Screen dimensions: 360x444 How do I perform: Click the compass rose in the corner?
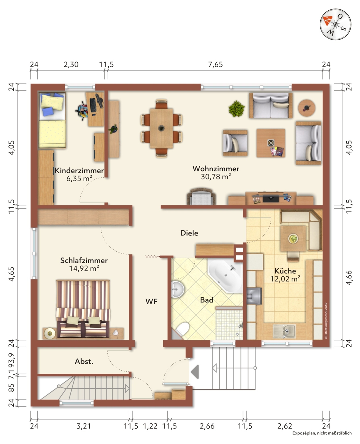point(335,24)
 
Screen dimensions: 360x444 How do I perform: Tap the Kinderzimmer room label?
point(79,170)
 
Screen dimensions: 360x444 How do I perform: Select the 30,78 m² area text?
point(216,176)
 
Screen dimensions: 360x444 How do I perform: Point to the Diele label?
point(189,233)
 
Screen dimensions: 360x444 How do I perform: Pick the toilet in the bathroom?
point(182,329)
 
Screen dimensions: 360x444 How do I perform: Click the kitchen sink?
point(284,331)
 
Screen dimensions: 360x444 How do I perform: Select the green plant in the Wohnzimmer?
point(236,109)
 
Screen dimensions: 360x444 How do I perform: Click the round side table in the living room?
point(306,108)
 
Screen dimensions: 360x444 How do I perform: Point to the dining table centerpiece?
point(161,128)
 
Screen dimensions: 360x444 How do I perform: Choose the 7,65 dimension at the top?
point(215,65)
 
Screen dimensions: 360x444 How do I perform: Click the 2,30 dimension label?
point(71,65)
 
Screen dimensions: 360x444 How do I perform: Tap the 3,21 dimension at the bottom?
point(84,426)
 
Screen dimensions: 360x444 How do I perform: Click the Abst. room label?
point(84,361)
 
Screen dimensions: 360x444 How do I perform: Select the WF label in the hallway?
point(151,301)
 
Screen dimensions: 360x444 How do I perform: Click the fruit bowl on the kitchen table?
point(293,238)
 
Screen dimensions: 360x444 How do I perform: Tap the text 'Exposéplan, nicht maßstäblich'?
point(322,433)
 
